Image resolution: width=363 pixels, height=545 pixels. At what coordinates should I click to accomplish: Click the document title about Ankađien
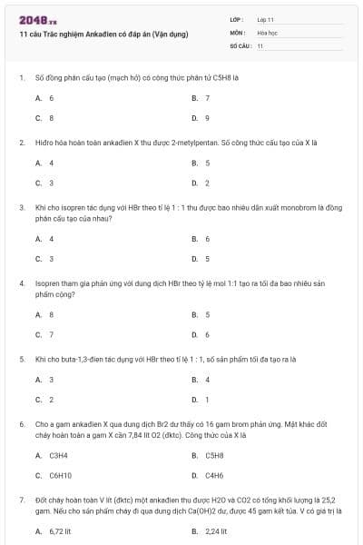pos(103,34)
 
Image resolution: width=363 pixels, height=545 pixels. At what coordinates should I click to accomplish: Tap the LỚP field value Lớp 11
pos(266,18)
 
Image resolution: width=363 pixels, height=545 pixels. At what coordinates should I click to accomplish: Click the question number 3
pos(21,208)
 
